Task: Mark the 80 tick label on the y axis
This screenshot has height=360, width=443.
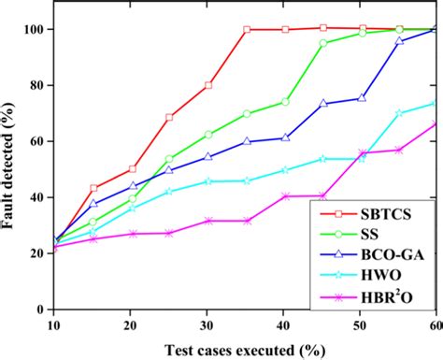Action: [35, 85]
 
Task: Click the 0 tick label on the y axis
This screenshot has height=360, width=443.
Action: [38, 309]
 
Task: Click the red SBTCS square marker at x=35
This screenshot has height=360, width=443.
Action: [247, 30]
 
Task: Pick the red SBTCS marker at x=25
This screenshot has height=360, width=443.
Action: [169, 118]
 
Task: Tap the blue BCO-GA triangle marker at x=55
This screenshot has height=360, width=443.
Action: [400, 41]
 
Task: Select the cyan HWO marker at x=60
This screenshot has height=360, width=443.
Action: [435, 104]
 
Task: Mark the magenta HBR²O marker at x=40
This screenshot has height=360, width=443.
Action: [285, 196]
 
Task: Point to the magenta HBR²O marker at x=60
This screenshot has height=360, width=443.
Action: [436, 123]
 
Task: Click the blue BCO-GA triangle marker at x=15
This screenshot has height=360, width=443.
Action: [93, 203]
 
